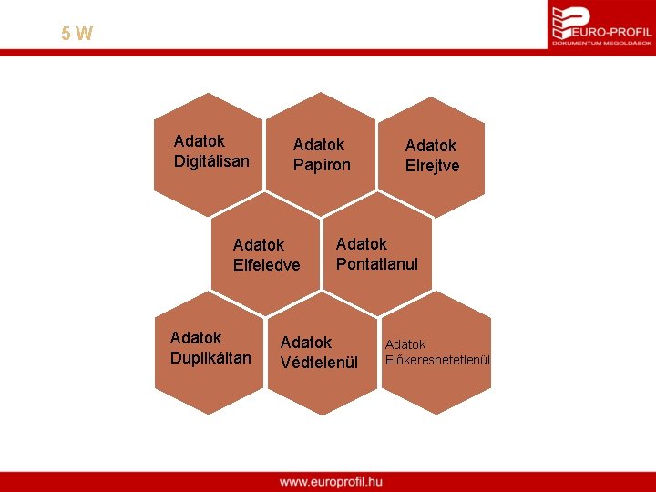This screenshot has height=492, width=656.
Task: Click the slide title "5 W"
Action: (77, 35)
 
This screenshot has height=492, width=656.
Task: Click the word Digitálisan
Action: (211, 161)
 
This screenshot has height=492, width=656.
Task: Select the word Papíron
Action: (322, 165)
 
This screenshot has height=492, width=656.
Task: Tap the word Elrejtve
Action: (432, 166)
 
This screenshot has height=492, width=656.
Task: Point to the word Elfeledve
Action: (266, 265)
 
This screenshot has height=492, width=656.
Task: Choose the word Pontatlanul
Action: (376, 264)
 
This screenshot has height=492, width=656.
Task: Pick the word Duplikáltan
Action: (210, 357)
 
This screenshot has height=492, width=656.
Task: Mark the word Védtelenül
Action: (319, 363)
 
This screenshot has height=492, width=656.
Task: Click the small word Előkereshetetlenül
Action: (437, 360)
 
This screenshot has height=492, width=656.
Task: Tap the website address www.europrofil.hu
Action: (331, 481)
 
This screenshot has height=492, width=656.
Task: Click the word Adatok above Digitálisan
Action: (200, 141)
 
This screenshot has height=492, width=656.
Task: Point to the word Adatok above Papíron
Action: (319, 145)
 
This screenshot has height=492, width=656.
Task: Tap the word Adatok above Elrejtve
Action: (431, 146)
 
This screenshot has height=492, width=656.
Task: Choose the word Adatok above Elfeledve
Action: (259, 245)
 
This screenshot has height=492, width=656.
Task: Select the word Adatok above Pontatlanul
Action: (362, 244)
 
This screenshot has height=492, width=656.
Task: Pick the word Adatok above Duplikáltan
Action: (196, 337)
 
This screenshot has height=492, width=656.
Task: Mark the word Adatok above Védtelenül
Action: (306, 343)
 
